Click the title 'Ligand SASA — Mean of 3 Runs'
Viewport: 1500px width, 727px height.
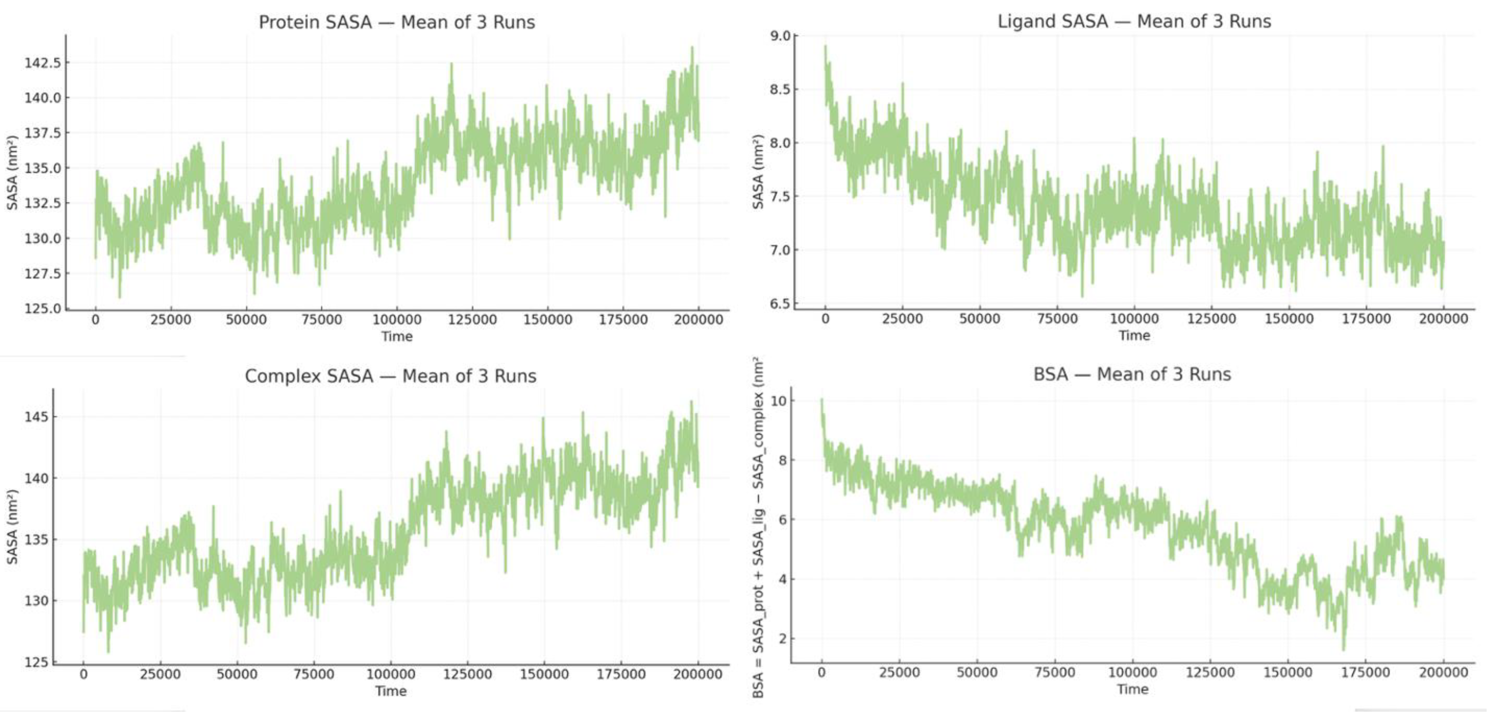coord(1134,21)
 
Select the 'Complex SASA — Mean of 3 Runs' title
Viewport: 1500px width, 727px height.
coord(390,376)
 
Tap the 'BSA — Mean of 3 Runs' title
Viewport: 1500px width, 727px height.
coord(1132,374)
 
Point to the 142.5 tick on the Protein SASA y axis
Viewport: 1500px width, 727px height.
coord(42,63)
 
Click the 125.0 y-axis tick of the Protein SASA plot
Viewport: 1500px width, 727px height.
coord(42,309)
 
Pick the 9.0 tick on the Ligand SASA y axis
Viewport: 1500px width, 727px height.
coord(780,36)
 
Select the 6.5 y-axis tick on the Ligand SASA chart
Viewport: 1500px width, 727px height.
coord(780,304)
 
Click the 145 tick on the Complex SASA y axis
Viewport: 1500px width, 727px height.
coord(36,417)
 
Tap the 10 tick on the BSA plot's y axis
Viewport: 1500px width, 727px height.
coord(778,401)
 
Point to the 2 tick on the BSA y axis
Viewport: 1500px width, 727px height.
coord(782,638)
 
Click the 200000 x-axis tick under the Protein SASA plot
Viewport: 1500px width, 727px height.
coord(698,319)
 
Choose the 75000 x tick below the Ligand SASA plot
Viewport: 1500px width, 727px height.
coord(1057,319)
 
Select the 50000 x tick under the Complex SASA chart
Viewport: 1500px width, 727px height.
coord(237,674)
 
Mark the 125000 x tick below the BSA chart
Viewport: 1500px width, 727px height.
coord(1210,673)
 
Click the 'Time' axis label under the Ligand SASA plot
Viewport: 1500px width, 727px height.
coord(1134,336)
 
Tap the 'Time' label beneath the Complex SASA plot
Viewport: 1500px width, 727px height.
coord(390,691)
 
